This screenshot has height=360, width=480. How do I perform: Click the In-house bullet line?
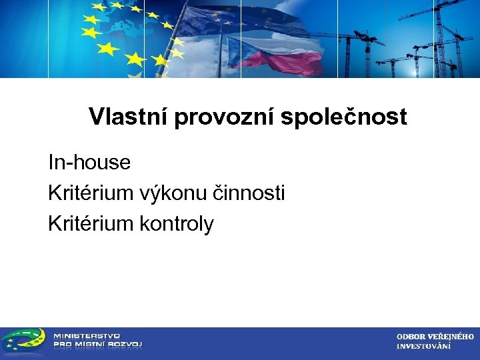89,162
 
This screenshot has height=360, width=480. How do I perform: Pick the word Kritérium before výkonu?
91,193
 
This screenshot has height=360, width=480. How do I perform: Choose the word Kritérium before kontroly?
91,224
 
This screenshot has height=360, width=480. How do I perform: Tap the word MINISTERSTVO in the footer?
87,335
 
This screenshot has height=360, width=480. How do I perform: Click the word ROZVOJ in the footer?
124,345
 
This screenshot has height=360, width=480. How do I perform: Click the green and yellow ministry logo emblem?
23,341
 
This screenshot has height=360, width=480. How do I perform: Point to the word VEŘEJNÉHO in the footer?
451,337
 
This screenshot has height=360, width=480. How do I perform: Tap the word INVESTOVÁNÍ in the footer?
423,346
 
